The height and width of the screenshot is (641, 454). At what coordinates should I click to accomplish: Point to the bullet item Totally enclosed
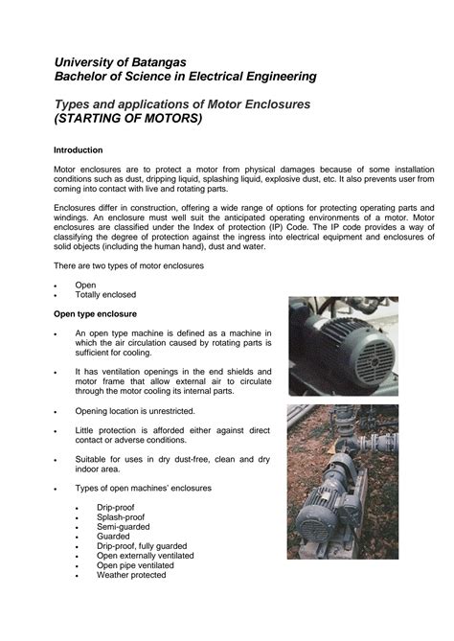pos(105,295)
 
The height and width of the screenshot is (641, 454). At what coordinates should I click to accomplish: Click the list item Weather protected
pos(131,575)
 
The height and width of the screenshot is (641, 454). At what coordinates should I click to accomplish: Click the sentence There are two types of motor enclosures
pos(141,265)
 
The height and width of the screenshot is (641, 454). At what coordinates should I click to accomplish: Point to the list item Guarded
pos(112,537)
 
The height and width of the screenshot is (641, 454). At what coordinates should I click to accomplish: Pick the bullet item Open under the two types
pos(85,285)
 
